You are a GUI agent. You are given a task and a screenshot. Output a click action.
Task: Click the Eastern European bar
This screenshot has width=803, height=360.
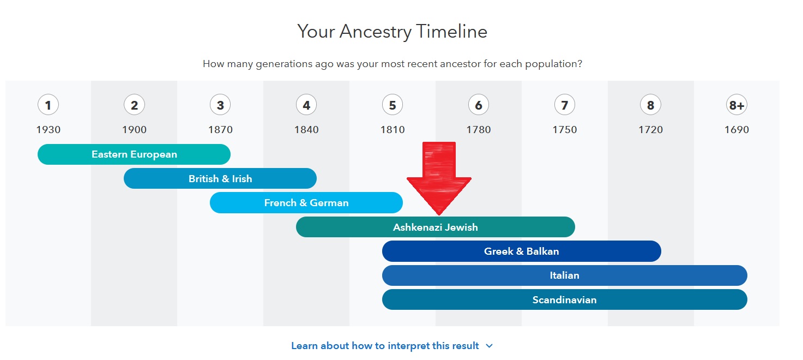[134, 154]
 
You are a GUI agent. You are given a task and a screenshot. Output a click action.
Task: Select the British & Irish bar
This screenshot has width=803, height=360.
[220, 178]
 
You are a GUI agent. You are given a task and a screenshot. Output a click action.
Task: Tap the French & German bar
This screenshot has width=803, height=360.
[306, 203]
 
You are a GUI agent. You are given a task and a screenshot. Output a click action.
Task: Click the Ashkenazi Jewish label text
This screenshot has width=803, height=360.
[435, 227]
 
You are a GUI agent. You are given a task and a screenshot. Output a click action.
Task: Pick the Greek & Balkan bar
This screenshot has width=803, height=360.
[521, 251]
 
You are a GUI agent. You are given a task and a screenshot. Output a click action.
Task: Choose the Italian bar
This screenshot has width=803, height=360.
[564, 275]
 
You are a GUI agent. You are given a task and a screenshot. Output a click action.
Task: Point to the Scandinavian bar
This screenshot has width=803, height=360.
[564, 300]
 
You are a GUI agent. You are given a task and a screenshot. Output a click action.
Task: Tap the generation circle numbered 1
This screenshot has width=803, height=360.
[48, 105]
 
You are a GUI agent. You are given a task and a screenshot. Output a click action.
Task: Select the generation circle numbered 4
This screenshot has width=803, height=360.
[306, 105]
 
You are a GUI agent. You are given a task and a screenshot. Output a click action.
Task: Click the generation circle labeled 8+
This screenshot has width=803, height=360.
[736, 105]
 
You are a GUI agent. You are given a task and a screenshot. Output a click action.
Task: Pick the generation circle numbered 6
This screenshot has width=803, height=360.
[478, 105]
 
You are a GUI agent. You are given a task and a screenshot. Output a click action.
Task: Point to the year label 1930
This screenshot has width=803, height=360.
[48, 130]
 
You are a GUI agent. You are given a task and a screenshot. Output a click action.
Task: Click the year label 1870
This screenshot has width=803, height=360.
[220, 130]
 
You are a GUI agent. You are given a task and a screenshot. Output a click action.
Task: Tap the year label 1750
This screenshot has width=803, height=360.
[564, 130]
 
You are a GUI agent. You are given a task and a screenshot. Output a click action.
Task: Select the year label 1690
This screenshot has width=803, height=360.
[736, 130]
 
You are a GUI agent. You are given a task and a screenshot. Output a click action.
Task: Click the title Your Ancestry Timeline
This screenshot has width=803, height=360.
[392, 32]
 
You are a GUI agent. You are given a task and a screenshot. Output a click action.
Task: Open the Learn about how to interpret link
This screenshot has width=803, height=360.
[385, 346]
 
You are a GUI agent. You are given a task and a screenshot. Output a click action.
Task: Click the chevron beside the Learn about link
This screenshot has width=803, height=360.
[489, 346]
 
